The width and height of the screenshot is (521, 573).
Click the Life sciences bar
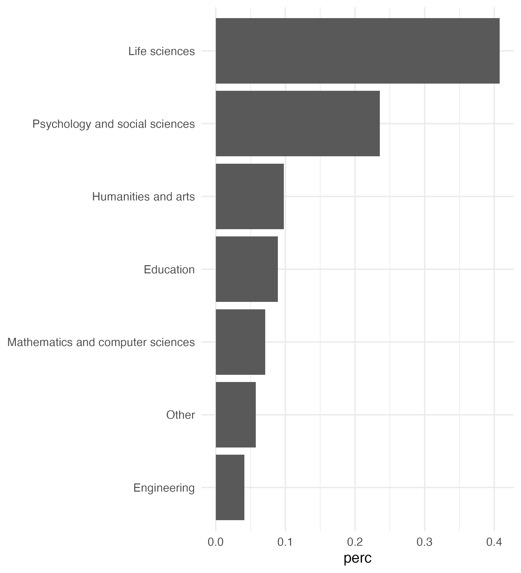point(357,51)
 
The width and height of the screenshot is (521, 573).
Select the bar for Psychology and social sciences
point(298,124)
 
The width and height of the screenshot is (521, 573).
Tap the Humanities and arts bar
point(250,196)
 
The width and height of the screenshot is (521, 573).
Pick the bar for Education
point(247,269)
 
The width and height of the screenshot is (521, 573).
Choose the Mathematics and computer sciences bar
point(240,342)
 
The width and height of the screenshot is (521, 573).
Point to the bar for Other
point(236,415)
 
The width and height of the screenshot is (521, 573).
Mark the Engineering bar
point(230,487)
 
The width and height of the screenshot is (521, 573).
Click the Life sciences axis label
point(162,51)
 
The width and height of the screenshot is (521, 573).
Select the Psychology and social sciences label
point(113,124)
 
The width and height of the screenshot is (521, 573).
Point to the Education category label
point(169,269)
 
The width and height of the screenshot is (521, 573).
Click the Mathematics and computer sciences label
point(101,342)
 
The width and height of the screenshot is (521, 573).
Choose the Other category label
point(180,415)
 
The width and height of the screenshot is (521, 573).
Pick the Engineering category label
point(164,488)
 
